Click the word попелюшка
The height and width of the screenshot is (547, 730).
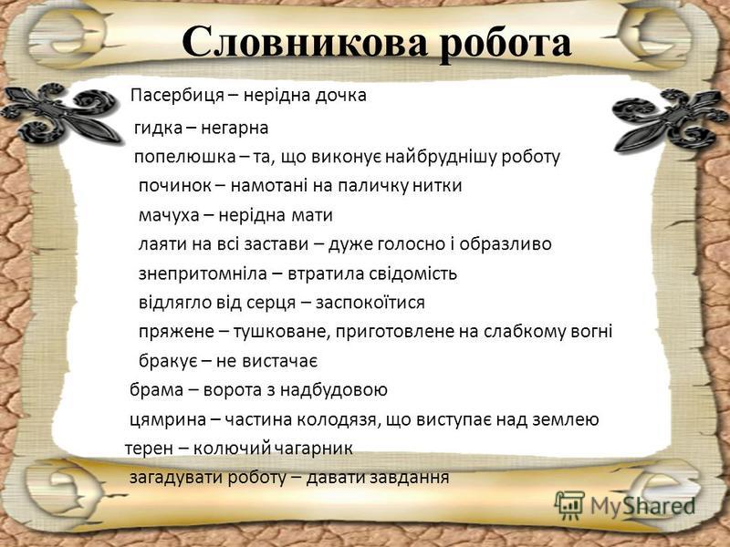[x=175, y=156]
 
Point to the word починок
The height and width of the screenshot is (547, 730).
[x=171, y=186]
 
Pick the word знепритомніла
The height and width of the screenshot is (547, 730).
[x=193, y=273]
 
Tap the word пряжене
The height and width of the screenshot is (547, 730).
[x=170, y=331]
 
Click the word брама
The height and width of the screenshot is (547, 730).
[x=150, y=390]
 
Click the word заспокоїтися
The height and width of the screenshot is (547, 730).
[x=370, y=302]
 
